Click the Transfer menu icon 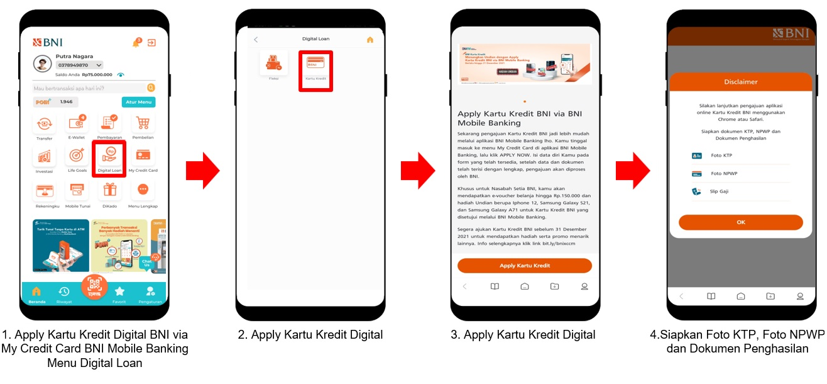(x=44, y=123)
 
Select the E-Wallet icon (x=77, y=123)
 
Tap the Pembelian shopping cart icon (x=143, y=123)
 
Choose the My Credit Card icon (x=143, y=155)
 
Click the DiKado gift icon (x=110, y=189)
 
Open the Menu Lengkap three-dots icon (x=143, y=189)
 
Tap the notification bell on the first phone (x=136, y=43)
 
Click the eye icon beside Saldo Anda (x=121, y=75)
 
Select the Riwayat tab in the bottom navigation (x=63, y=291)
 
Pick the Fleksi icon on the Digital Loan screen (x=273, y=63)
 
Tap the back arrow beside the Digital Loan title (x=256, y=40)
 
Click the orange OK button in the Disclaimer (x=740, y=222)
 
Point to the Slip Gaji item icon (x=696, y=191)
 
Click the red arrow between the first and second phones (x=202, y=170)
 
